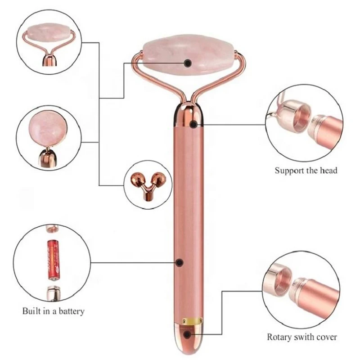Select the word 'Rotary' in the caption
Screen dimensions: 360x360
(281, 337)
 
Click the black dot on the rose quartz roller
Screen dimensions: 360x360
(188, 63)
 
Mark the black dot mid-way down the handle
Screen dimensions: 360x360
(179, 262)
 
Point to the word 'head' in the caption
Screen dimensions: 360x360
(329, 171)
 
